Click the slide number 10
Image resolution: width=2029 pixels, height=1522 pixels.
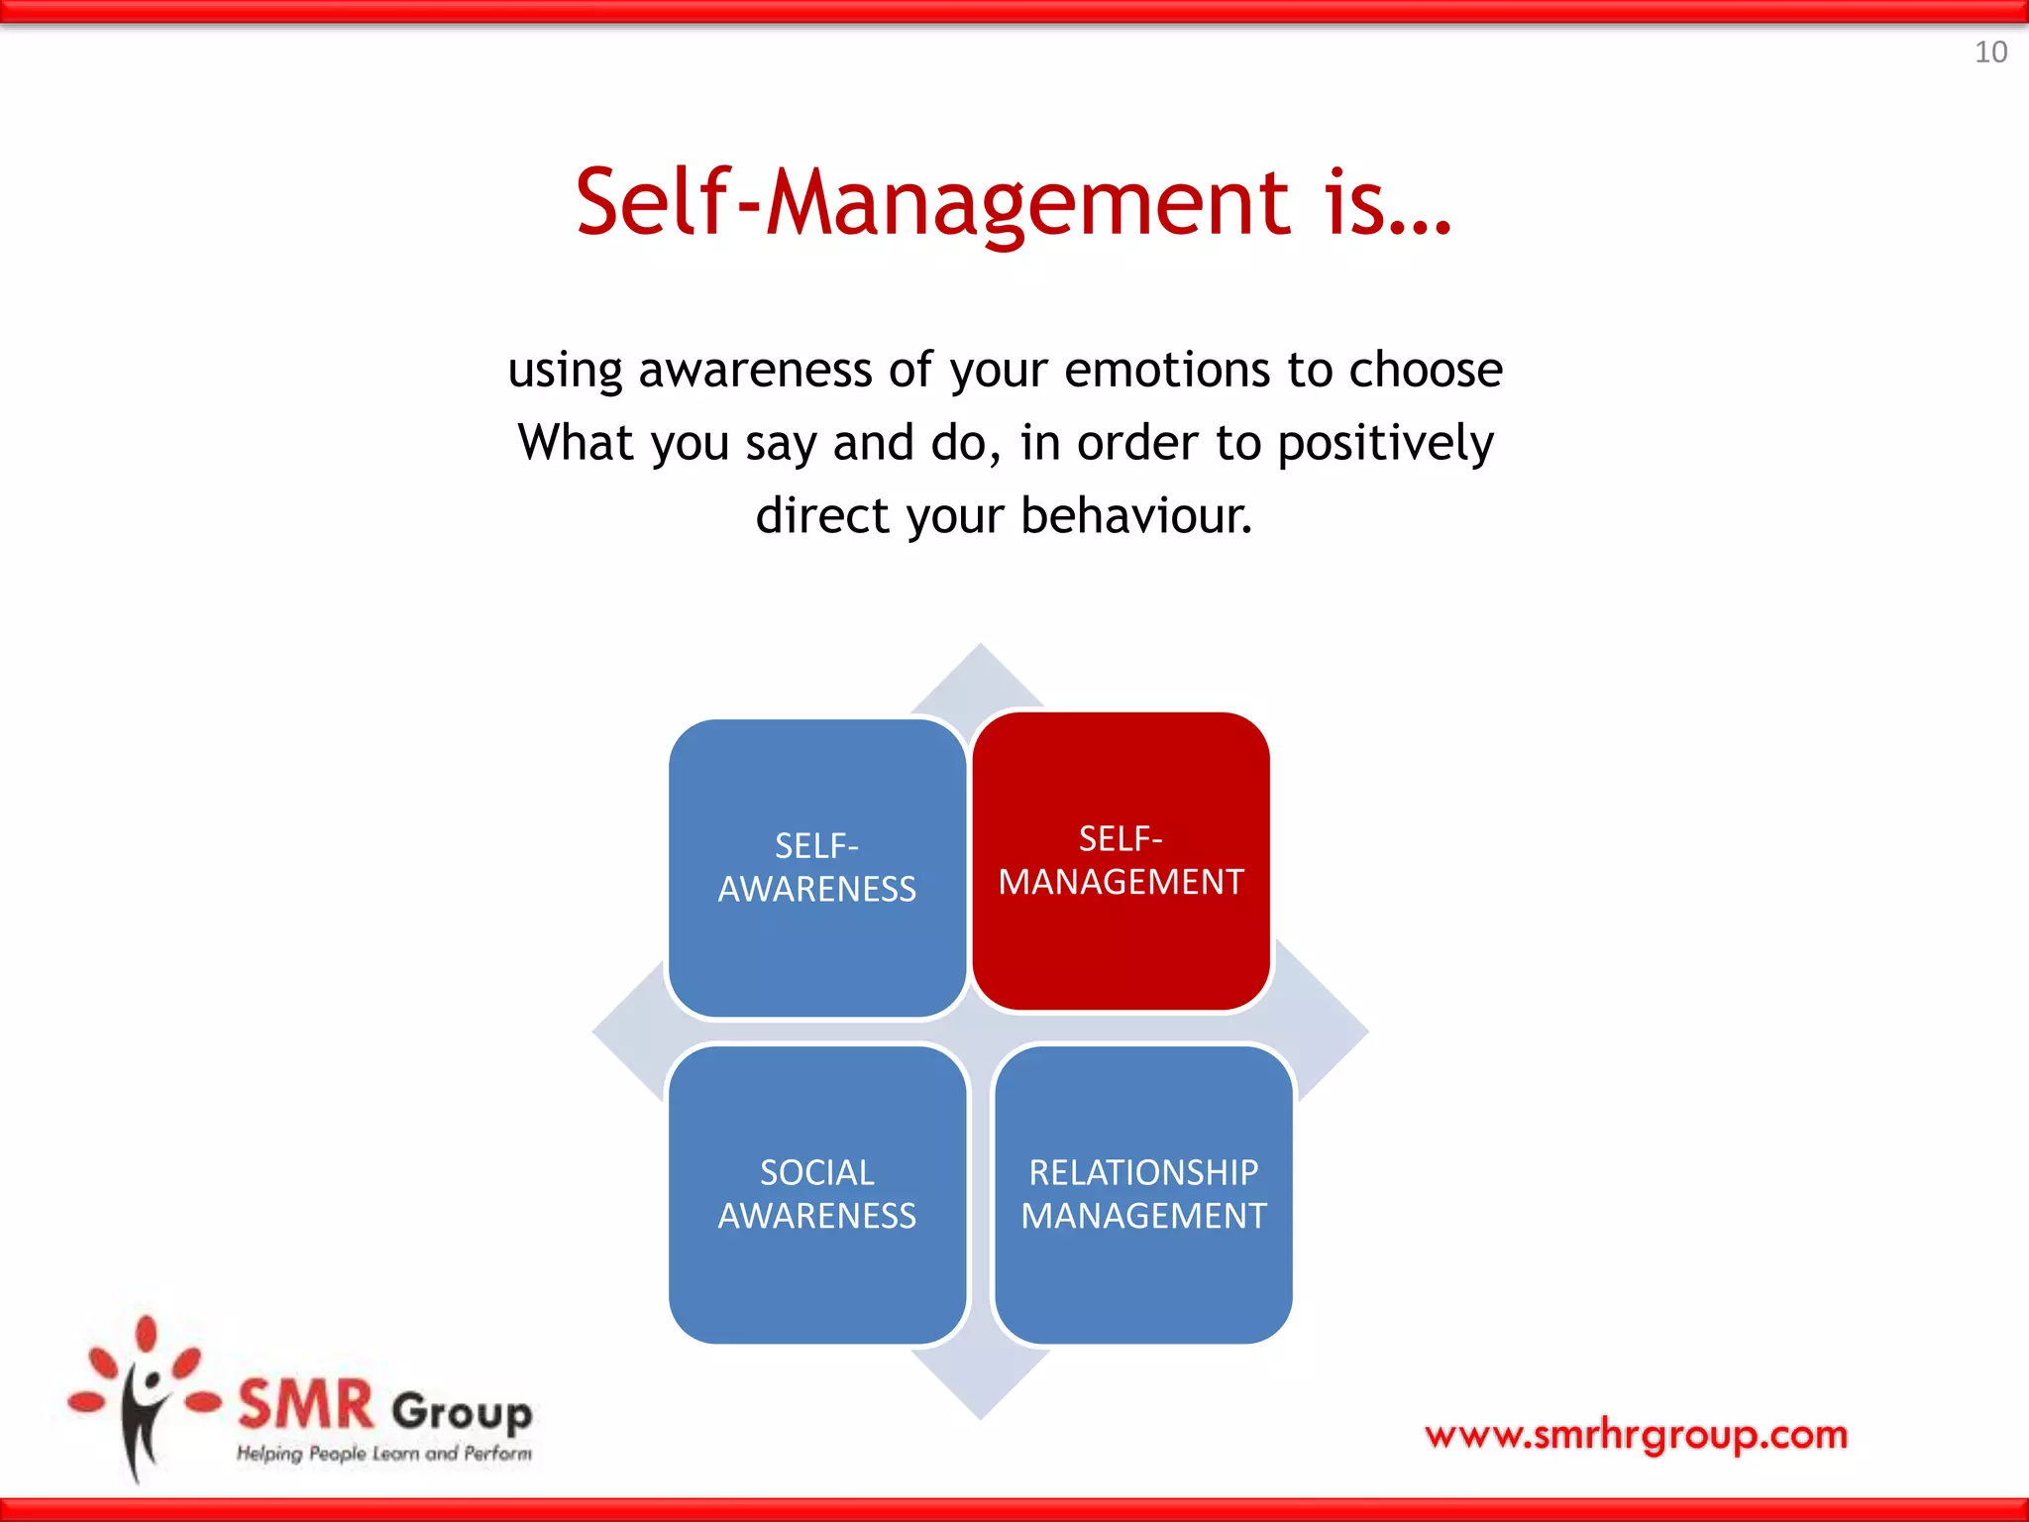(1989, 53)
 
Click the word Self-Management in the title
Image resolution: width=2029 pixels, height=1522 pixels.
(931, 203)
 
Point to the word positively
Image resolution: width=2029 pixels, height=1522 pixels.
(1384, 443)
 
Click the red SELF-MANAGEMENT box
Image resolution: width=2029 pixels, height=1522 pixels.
(1121, 860)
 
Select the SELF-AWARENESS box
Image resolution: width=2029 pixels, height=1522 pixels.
(816, 868)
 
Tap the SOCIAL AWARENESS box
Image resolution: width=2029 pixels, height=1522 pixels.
(816, 1194)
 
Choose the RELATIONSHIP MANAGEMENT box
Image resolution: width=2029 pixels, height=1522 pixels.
(1143, 1194)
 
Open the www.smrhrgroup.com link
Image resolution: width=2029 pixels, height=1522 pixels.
(1636, 1434)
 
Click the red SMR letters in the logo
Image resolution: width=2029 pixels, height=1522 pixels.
(306, 1405)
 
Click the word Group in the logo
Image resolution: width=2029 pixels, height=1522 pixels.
(462, 1411)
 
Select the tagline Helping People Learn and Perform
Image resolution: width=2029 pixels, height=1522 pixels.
(383, 1454)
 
